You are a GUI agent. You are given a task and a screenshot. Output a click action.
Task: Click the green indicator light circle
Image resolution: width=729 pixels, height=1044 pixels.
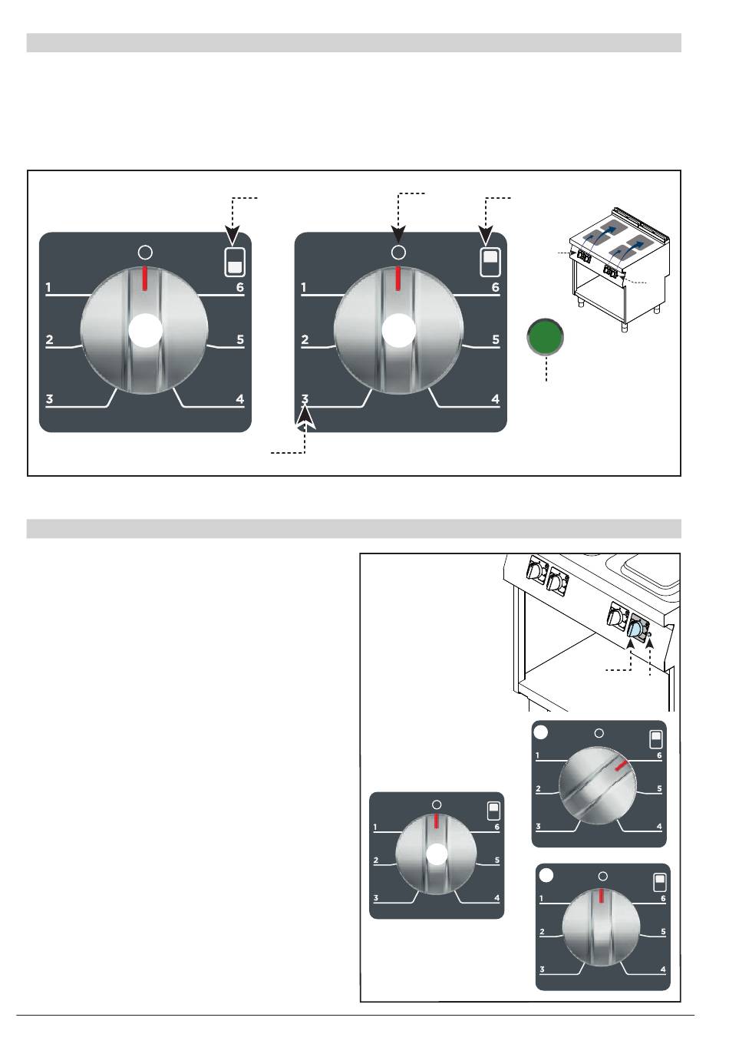click(x=545, y=336)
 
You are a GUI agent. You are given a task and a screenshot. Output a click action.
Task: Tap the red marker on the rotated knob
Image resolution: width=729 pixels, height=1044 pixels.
click(x=622, y=765)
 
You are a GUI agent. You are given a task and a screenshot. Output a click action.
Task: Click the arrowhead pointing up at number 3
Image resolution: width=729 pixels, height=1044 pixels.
click(x=305, y=416)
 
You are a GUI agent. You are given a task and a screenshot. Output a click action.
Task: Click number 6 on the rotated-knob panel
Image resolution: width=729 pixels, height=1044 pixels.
click(x=659, y=755)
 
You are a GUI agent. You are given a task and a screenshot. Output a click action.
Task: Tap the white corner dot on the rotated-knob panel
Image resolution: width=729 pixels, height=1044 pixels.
click(x=540, y=732)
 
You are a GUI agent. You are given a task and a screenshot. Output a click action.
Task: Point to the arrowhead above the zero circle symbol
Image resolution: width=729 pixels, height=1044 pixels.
click(x=397, y=234)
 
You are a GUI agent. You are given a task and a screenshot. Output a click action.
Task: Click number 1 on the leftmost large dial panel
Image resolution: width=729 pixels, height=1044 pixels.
click(x=48, y=287)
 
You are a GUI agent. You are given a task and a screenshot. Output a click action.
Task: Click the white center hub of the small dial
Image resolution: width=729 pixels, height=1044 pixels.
click(x=437, y=854)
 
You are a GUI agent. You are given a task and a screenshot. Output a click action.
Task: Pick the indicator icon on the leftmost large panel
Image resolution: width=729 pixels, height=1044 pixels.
click(x=235, y=262)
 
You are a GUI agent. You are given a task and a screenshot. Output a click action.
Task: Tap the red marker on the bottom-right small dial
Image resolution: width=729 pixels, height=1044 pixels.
click(x=602, y=895)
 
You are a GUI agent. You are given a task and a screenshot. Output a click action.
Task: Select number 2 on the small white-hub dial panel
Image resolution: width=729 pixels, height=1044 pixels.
click(x=376, y=861)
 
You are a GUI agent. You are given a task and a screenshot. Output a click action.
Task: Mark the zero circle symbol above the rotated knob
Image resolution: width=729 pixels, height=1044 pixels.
click(x=599, y=733)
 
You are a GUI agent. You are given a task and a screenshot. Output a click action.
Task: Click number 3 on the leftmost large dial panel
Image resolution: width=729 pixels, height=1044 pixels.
click(x=49, y=399)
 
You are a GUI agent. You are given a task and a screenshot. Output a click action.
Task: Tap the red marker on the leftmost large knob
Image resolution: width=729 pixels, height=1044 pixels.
click(x=145, y=279)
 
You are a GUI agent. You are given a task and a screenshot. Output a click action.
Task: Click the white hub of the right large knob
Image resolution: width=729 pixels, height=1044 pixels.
click(x=399, y=330)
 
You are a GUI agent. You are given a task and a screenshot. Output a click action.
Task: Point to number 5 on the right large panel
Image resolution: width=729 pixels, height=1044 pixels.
click(x=496, y=340)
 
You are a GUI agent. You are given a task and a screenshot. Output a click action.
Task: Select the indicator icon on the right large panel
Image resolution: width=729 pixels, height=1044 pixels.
click(x=490, y=262)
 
